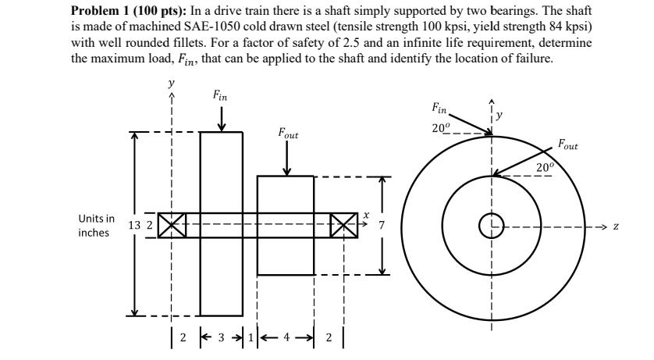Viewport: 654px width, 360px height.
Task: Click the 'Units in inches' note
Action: pyautogui.click(x=96, y=226)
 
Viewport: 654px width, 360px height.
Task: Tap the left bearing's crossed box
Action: pyautogui.click(x=170, y=226)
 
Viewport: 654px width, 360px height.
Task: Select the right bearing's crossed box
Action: pyautogui.click(x=343, y=226)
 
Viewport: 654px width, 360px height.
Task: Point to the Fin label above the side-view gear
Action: pyautogui.click(x=221, y=96)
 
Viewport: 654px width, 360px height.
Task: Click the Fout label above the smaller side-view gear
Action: pyautogui.click(x=287, y=134)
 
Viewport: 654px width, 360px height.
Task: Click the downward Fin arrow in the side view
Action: pyautogui.click(x=221, y=119)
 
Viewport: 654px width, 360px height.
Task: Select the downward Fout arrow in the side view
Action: pyautogui.click(x=288, y=159)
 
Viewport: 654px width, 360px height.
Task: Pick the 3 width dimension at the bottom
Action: pyautogui.click(x=221, y=338)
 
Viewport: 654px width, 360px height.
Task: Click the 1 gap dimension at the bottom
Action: pyautogui.click(x=250, y=338)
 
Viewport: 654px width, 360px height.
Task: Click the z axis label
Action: pyautogui.click(x=616, y=226)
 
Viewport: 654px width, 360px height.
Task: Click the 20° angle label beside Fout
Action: pyautogui.click(x=544, y=167)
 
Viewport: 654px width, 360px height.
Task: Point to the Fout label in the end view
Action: pyautogui.click(x=568, y=144)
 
